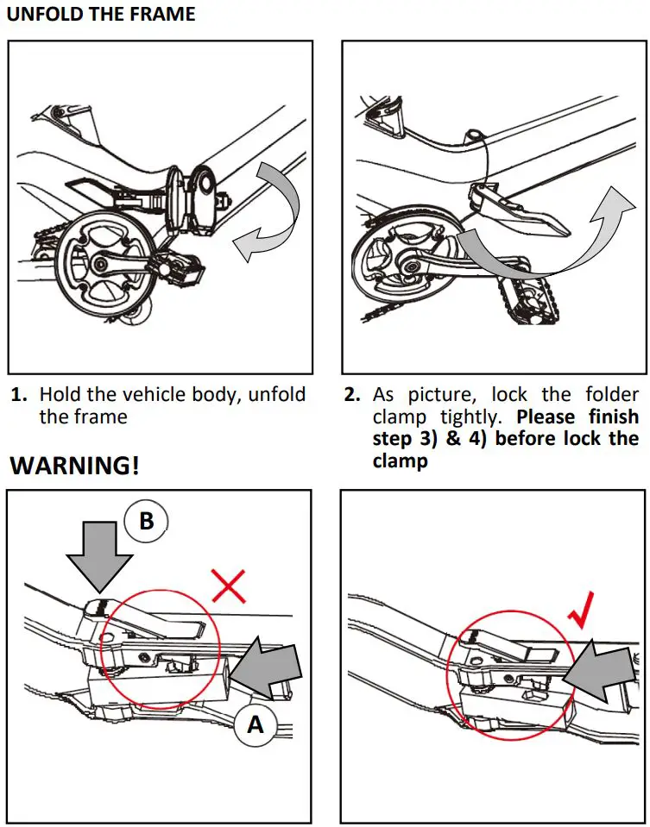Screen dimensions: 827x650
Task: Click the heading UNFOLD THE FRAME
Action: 101,15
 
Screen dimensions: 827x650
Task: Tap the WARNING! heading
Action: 73,466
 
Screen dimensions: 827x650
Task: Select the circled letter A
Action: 255,725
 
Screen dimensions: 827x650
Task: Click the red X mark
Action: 229,586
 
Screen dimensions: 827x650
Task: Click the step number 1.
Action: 18,396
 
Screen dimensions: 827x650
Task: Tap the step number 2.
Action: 351,396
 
